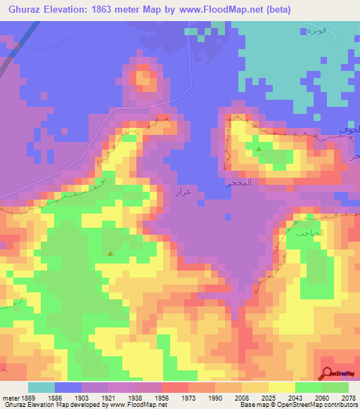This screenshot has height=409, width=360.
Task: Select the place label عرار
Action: [x=183, y=190]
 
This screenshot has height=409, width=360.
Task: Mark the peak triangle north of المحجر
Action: [x=259, y=149]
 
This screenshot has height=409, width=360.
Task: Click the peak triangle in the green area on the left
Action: [x=110, y=252]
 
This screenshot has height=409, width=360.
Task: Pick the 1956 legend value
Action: [x=162, y=397]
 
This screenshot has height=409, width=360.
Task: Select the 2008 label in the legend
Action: [x=241, y=397]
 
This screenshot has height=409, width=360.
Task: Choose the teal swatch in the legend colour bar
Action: [x=41, y=387]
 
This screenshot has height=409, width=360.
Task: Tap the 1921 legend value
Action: [x=108, y=397]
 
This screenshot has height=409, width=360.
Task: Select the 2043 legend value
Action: [x=295, y=397]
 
